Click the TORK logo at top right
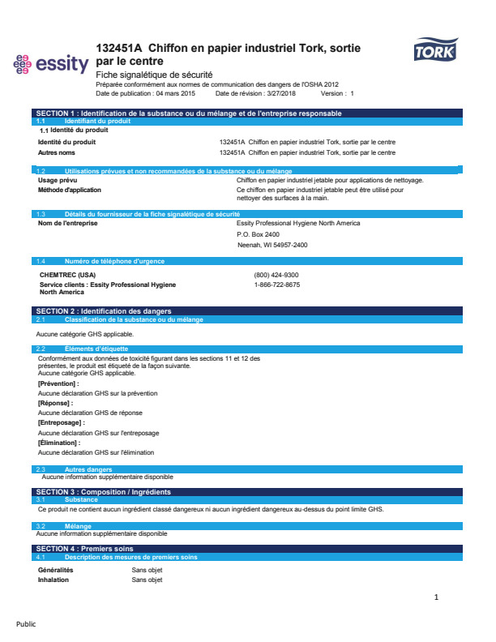(435, 53)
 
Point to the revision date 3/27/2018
(277, 93)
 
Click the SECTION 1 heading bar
(188, 113)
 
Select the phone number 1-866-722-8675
(276, 285)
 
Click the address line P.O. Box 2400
(258, 233)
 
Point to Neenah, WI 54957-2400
(272, 245)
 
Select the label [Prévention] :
(58, 383)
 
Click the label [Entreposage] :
(61, 422)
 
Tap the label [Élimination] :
(59, 443)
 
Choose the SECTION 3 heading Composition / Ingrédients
(104, 492)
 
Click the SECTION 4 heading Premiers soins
(85, 549)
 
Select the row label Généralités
(56, 570)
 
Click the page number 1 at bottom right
(436, 597)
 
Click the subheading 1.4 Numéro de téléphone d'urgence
(114, 262)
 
